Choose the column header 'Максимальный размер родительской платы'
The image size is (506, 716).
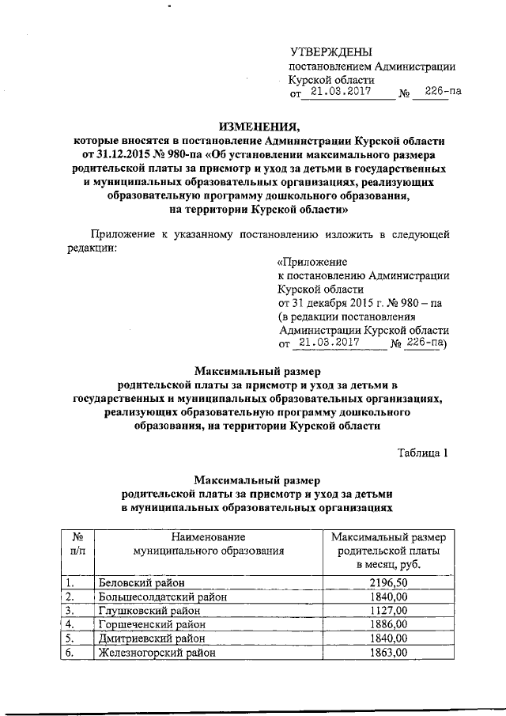coord(387,551)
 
